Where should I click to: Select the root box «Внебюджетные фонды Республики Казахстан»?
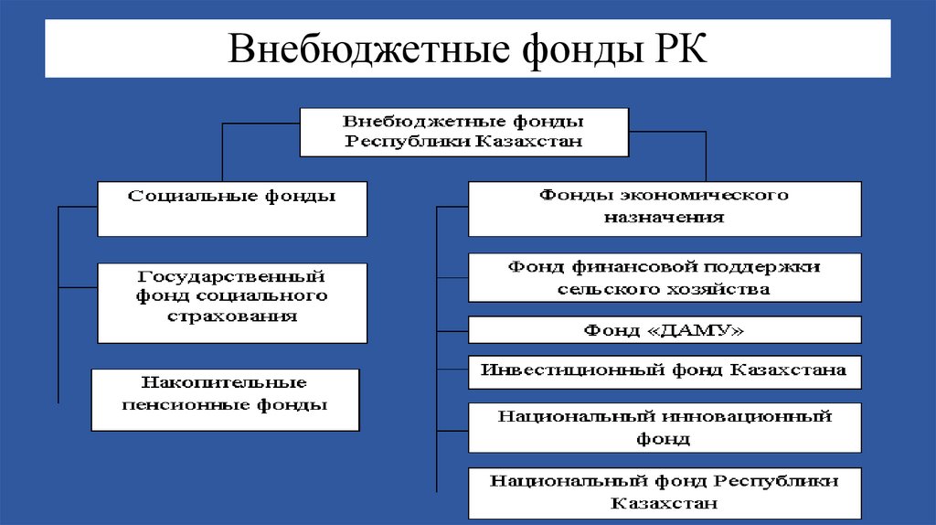[x=463, y=132]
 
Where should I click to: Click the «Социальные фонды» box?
[x=232, y=209]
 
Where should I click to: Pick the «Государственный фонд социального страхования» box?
[x=232, y=303]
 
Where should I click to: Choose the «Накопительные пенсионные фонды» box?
[x=225, y=400]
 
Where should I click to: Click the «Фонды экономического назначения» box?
[x=665, y=209]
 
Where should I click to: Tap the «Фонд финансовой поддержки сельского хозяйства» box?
[x=665, y=278]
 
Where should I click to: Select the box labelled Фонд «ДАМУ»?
[x=665, y=329]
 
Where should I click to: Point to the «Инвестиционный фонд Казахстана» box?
[x=665, y=371]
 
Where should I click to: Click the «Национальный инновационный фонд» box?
[x=665, y=427]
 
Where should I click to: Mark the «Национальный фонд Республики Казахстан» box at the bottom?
[x=665, y=492]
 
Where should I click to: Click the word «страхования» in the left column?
[x=232, y=316]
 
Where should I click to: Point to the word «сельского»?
[x=601, y=289]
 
